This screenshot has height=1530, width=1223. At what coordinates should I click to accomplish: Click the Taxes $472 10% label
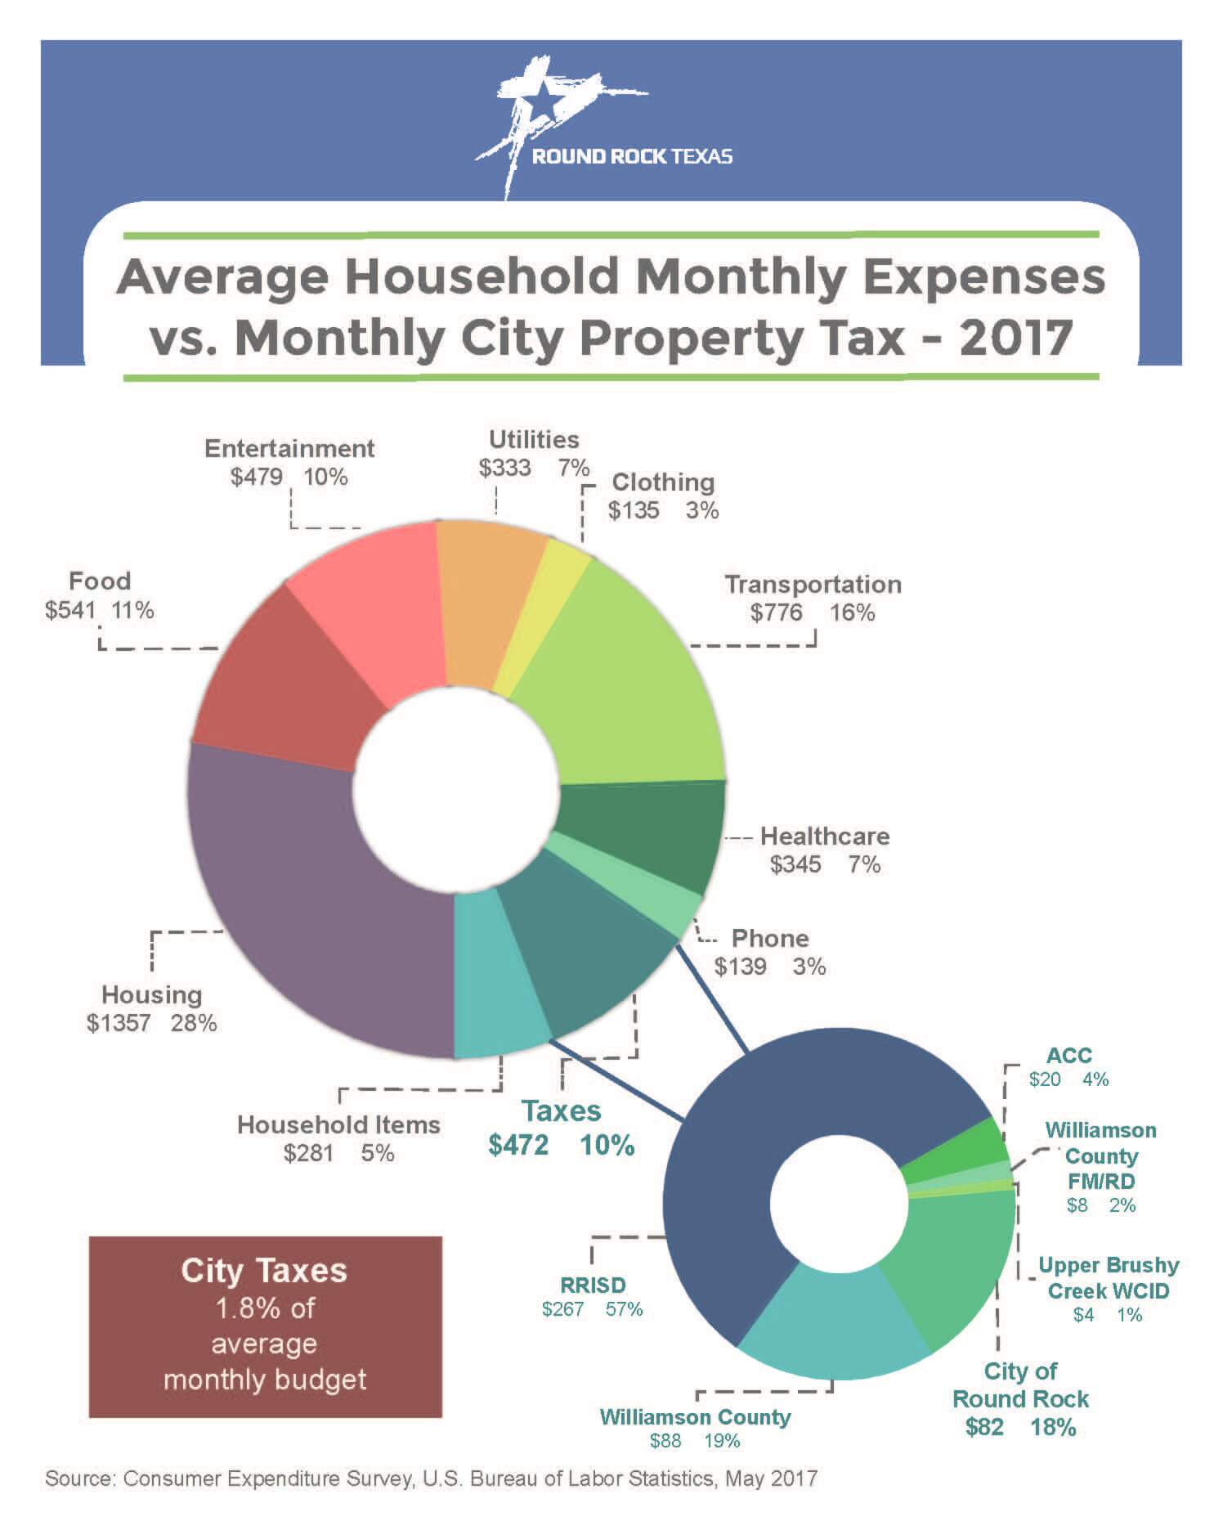point(562,1128)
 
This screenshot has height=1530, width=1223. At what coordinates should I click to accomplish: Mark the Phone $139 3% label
point(770,953)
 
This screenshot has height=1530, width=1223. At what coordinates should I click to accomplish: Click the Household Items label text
point(338,1125)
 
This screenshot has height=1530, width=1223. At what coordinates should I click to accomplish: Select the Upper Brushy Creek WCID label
point(1109,1278)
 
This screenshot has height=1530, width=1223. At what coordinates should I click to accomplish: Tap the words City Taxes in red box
point(264,1271)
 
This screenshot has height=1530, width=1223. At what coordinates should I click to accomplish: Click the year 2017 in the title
point(1016,337)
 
